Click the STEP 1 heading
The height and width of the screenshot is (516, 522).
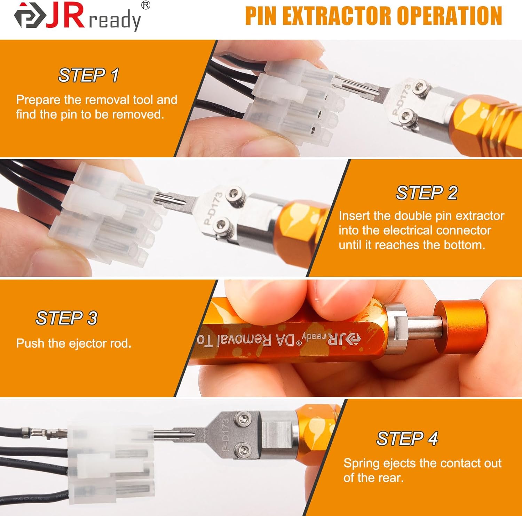[88, 75]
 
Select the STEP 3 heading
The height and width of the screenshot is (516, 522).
[66, 318]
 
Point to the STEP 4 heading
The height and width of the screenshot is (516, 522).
[407, 438]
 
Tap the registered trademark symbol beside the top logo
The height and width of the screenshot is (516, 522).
[146, 5]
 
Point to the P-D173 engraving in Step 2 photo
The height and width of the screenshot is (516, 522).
[213, 209]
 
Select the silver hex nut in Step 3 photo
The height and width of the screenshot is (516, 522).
[397, 327]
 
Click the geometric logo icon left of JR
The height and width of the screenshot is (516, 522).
[30, 16]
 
